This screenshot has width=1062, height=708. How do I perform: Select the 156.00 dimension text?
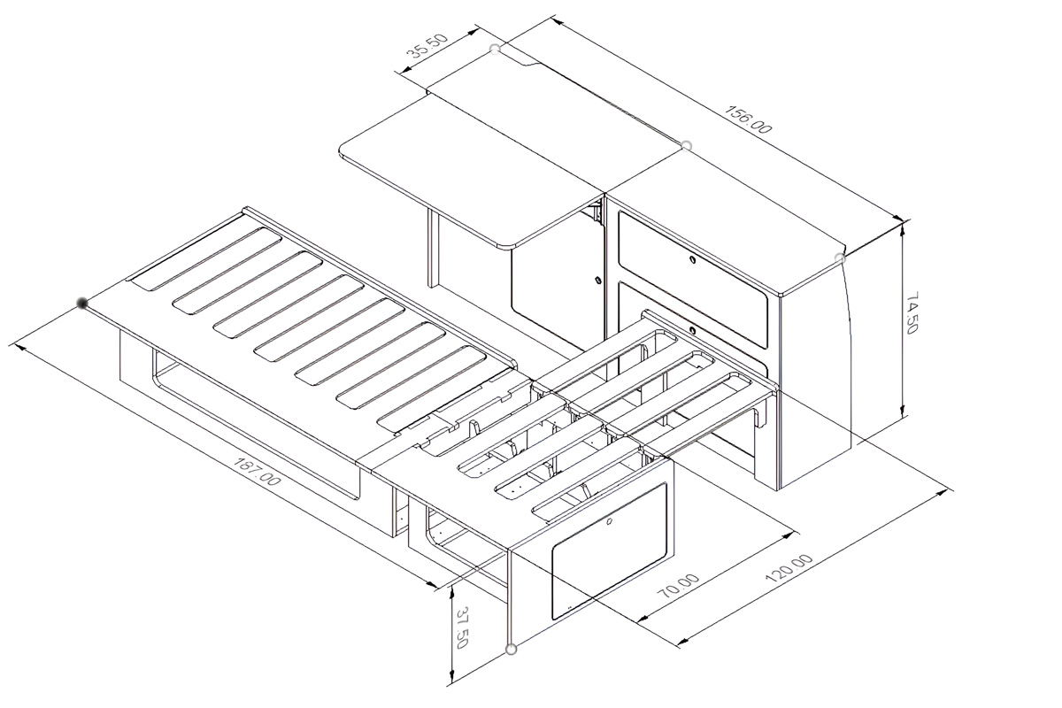749,119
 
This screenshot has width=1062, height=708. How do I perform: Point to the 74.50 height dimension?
912,312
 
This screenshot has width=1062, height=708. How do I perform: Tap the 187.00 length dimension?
258,471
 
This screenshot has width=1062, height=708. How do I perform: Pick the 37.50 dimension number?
462,627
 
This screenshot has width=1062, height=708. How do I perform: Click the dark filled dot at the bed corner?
82,303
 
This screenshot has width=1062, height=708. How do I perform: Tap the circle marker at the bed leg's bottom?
511,650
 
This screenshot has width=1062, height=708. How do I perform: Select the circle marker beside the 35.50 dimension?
495,49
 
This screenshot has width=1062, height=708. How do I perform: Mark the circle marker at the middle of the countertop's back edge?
686,145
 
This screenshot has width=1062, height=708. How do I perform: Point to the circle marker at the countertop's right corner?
840,258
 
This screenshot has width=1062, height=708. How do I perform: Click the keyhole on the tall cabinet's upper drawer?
692,259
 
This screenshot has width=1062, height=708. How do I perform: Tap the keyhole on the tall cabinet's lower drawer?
692,329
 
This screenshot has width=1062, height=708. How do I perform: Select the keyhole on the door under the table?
598,281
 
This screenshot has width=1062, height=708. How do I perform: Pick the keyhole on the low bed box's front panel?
609,522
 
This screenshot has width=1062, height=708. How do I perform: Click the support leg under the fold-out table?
433,249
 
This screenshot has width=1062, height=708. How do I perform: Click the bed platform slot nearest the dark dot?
206,259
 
